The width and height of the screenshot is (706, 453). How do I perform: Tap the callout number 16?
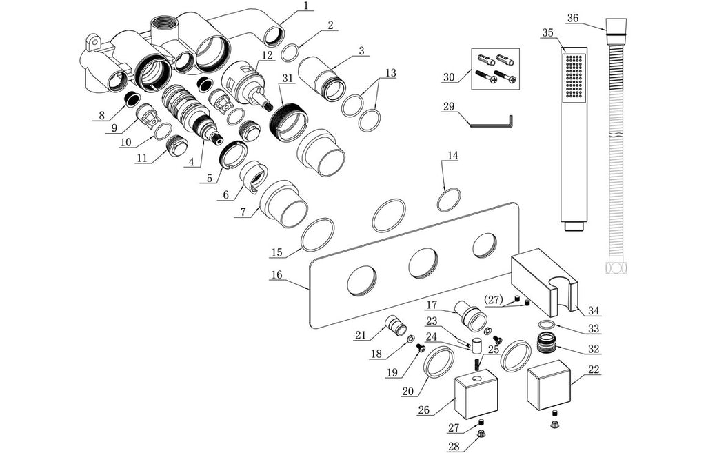276,274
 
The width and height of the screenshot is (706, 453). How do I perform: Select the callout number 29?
449,107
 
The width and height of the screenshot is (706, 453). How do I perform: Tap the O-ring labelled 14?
449,200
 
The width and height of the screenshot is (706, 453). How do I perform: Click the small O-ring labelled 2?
292,52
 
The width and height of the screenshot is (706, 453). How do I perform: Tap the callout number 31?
286,78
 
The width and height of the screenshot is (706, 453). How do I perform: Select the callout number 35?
548,32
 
